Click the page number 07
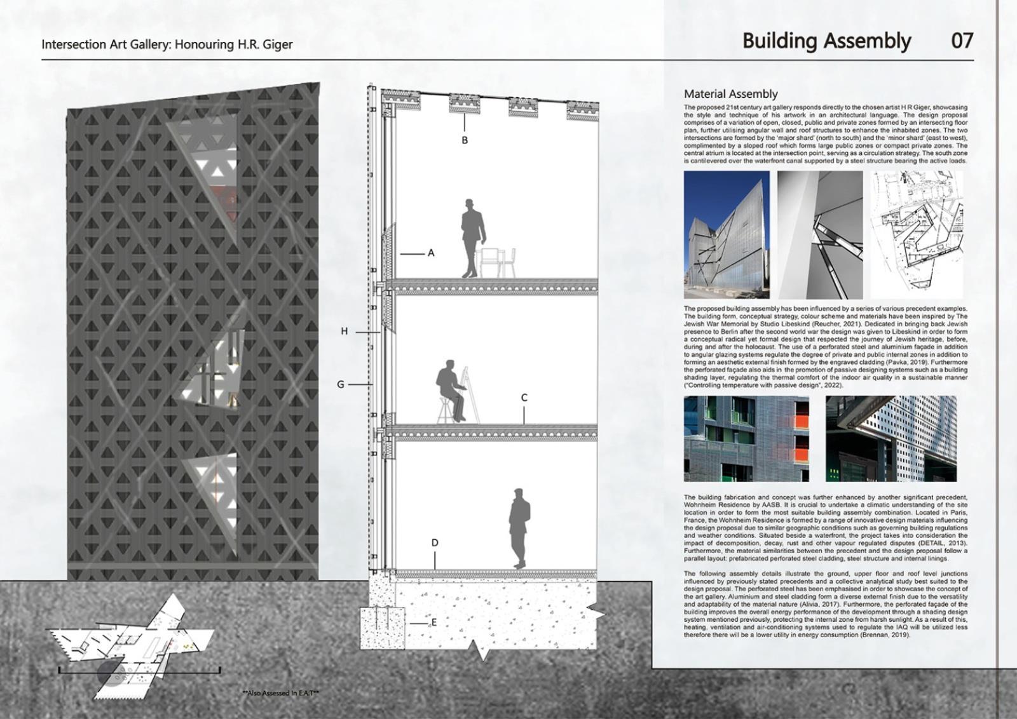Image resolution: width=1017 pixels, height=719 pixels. [x=962, y=41]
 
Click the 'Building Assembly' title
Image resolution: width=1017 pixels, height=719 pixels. [x=826, y=41]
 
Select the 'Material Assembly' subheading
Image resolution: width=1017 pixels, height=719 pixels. [x=730, y=94]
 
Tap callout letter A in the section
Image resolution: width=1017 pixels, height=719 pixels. [x=431, y=253]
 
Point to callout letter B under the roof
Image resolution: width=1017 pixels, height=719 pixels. [x=465, y=140]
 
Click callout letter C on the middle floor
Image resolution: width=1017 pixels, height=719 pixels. [x=524, y=398]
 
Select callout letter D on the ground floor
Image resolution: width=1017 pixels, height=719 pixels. [x=435, y=542]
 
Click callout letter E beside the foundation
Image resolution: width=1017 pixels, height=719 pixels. [x=434, y=622]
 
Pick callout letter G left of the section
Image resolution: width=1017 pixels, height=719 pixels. [x=341, y=384]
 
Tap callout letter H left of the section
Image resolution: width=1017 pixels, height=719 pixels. [x=345, y=331]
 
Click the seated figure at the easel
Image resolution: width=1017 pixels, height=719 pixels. [x=450, y=389]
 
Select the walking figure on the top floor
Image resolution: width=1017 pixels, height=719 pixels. [x=472, y=237]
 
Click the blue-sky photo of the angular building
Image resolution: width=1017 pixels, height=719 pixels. [x=726, y=234]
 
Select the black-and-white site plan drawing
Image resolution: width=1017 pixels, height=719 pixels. [x=917, y=234]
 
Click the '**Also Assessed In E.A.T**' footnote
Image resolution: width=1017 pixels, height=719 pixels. [x=281, y=693]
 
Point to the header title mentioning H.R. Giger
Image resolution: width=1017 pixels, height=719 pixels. [x=167, y=44]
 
